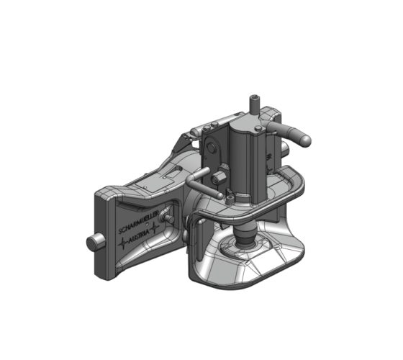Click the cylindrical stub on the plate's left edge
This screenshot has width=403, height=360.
click(92, 243)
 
